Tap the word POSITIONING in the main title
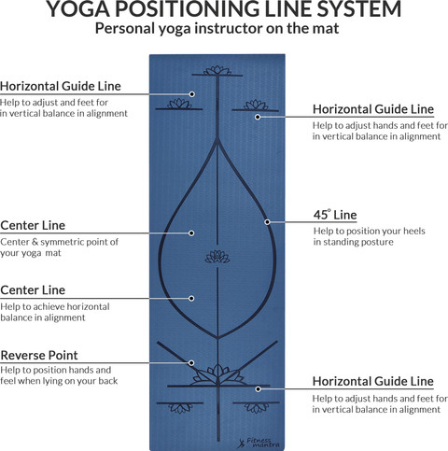point(185,9)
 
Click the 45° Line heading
point(335,215)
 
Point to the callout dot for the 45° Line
point(268,222)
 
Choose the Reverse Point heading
point(39,356)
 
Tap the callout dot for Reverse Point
point(191,363)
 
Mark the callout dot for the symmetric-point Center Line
point(191,233)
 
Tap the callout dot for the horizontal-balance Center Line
point(191,299)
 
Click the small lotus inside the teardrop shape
point(217,257)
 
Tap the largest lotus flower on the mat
point(218,374)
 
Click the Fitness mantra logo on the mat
point(259,443)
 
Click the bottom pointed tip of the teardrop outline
point(217,338)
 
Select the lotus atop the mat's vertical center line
point(217,70)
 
